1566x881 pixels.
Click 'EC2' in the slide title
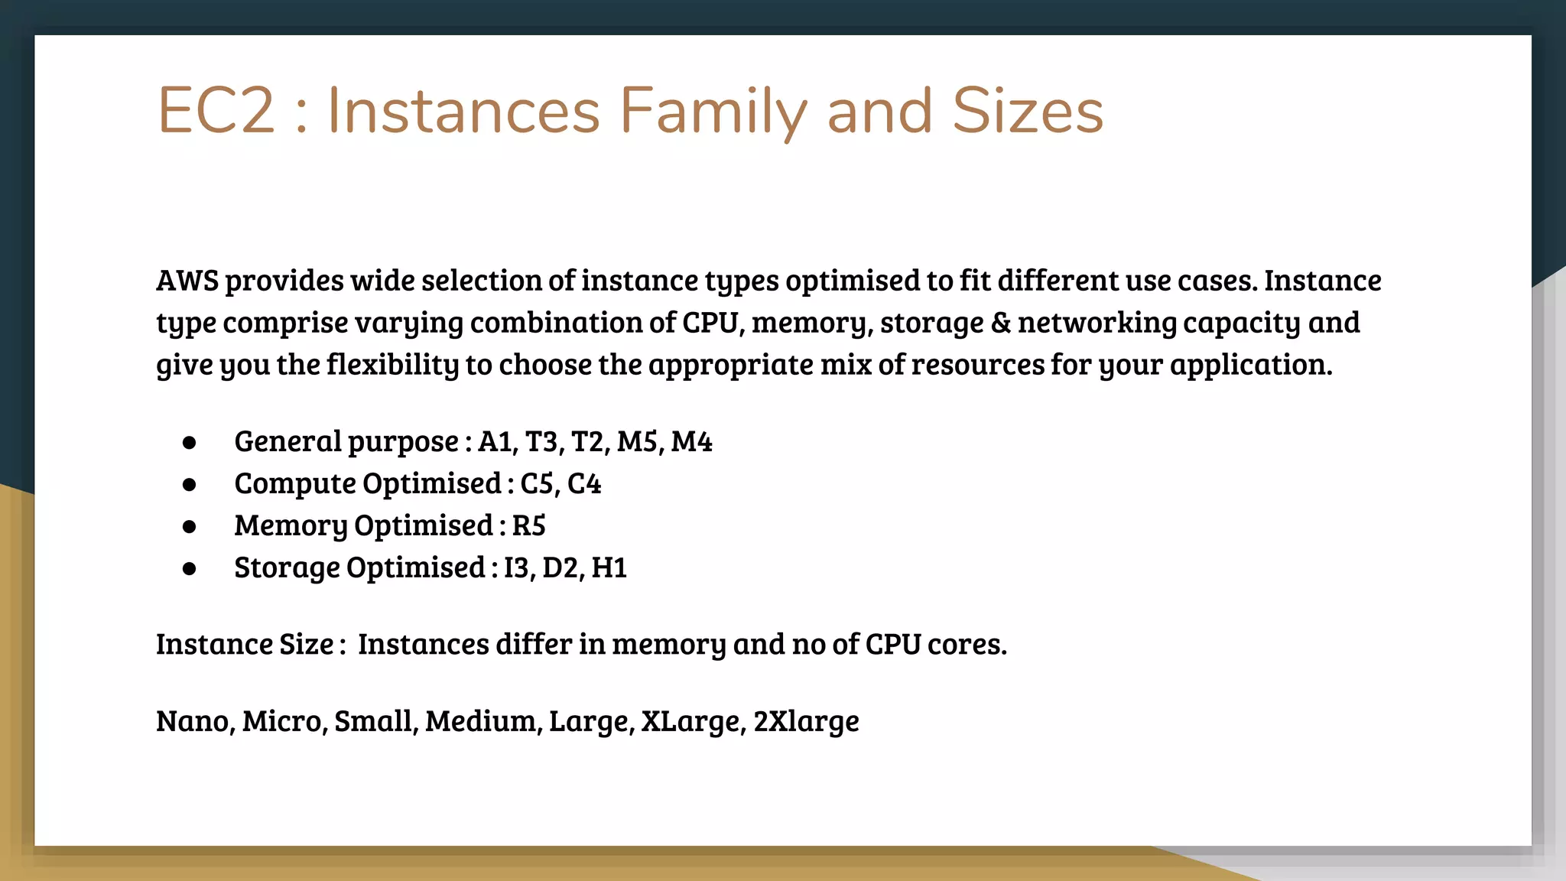(216, 112)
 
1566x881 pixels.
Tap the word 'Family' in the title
(713, 112)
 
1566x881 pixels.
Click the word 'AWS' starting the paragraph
(187, 281)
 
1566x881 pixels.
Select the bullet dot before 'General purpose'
(190, 443)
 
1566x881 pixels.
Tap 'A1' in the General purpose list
(497, 442)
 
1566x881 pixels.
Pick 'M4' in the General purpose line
(691, 442)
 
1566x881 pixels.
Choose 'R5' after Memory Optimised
(528, 526)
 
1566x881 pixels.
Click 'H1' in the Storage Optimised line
(609, 568)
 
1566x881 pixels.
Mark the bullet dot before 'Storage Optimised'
(190, 569)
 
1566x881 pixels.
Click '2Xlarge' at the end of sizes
(806, 721)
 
